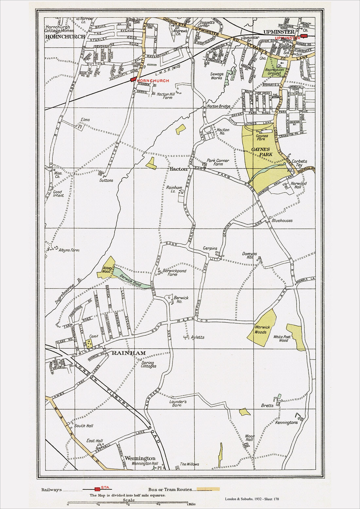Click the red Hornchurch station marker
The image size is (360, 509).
pyautogui.click(x=133, y=79)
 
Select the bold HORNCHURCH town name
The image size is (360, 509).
pyautogui.click(x=65, y=37)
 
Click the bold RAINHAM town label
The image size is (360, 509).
pyautogui.click(x=129, y=353)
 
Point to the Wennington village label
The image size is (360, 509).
pyautogui.click(x=140, y=458)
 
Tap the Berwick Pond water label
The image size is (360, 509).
pyautogui.click(x=131, y=280)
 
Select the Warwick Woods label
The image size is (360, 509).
pyautogui.click(x=262, y=329)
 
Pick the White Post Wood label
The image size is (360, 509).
pyautogui.click(x=282, y=338)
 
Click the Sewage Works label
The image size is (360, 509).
pyautogui.click(x=217, y=76)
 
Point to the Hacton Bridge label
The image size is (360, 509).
pyautogui.click(x=219, y=106)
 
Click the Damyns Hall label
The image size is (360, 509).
pyautogui.click(x=250, y=255)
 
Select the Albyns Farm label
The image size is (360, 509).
pyautogui.click(x=69, y=250)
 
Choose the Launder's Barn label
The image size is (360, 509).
pyautogui.click(x=178, y=403)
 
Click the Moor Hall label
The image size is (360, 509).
pyautogui.click(x=249, y=438)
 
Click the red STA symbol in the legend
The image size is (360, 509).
pyautogui.click(x=97, y=489)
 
